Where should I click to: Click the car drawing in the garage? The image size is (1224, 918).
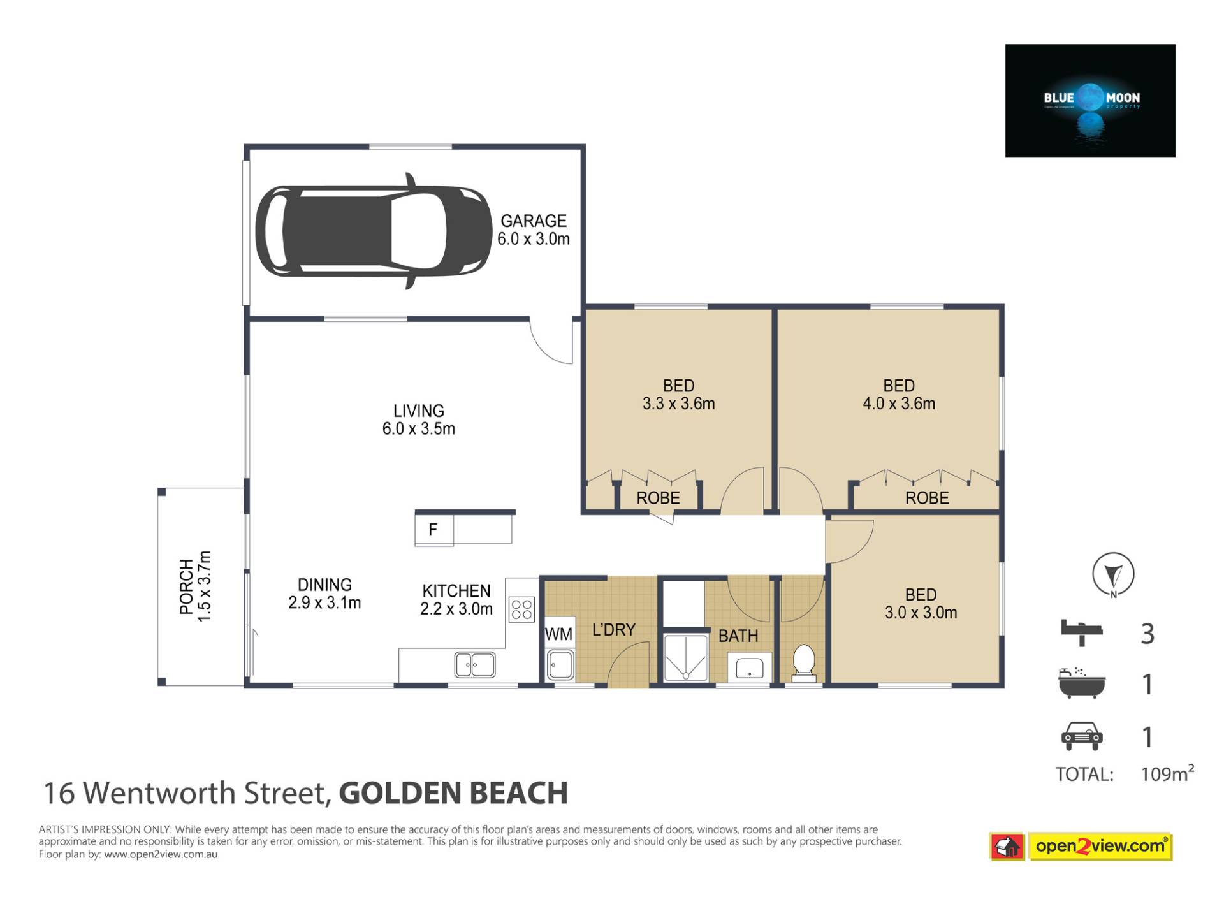(374, 231)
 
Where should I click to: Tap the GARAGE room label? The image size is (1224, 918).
(534, 221)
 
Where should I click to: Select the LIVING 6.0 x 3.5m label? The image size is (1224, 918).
(419, 419)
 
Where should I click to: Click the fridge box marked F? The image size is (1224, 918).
(434, 530)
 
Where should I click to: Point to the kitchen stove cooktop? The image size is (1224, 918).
(521, 609)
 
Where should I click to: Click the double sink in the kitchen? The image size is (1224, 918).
(475, 665)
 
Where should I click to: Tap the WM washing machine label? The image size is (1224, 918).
(558, 634)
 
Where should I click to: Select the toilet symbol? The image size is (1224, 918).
(803, 662)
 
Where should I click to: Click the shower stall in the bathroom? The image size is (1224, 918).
(686, 657)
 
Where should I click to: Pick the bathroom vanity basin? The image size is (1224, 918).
(750, 668)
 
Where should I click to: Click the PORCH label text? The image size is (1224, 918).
(186, 586)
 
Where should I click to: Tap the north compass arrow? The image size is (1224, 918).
(1113, 574)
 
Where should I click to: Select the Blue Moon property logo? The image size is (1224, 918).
(1090, 101)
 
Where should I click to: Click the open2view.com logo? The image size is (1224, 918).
(1081, 847)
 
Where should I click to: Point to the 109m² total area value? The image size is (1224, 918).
(1167, 773)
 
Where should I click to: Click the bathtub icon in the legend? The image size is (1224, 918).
(1081, 683)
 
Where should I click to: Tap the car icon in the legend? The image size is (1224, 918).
(1081, 736)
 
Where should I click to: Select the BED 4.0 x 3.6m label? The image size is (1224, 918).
(899, 395)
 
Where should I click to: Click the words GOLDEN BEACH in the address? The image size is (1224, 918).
(453, 794)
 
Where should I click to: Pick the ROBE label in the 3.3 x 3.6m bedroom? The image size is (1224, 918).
(658, 498)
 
